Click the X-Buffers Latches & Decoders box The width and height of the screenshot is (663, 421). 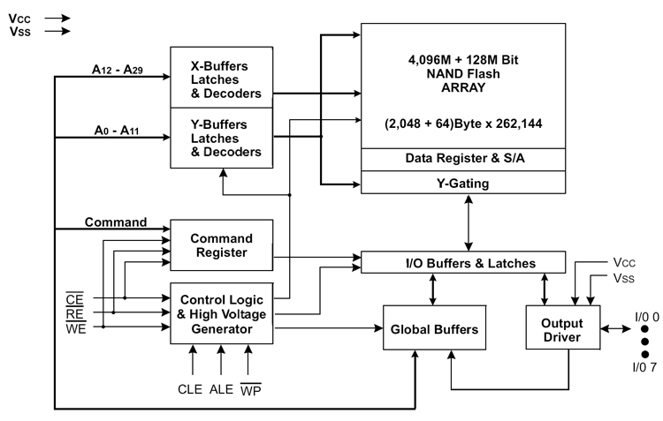click(222, 78)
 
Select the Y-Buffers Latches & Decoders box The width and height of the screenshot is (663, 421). click(222, 138)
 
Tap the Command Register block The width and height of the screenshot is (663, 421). click(222, 244)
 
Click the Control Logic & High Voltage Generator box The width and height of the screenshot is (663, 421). click(222, 313)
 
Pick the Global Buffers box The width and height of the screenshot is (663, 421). click(434, 327)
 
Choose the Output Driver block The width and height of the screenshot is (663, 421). click(563, 327)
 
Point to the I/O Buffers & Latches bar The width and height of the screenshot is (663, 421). click(463, 263)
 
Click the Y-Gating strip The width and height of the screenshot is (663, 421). click(463, 183)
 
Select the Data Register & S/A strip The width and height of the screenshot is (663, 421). click(463, 160)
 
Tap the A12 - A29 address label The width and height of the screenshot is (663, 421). click(117, 69)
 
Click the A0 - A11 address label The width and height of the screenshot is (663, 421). click(117, 130)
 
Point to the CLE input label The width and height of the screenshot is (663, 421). click(190, 389)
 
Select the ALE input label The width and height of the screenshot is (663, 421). click(221, 389)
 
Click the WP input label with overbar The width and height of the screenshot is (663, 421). click(251, 389)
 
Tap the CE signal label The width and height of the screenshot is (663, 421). click(75, 299)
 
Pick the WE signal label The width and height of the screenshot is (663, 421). click(76, 327)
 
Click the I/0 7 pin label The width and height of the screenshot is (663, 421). click(644, 367)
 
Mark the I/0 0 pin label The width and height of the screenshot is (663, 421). click(647, 317)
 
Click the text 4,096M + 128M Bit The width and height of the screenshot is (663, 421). click(463, 59)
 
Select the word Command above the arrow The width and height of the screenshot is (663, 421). click(116, 222)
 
